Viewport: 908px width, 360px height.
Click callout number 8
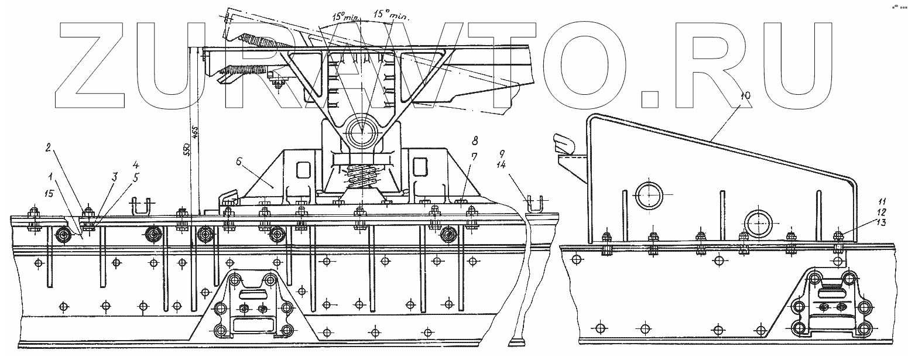tap(475, 141)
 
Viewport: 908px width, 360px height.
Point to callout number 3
tap(115, 176)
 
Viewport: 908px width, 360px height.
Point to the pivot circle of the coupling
tap(362, 132)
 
